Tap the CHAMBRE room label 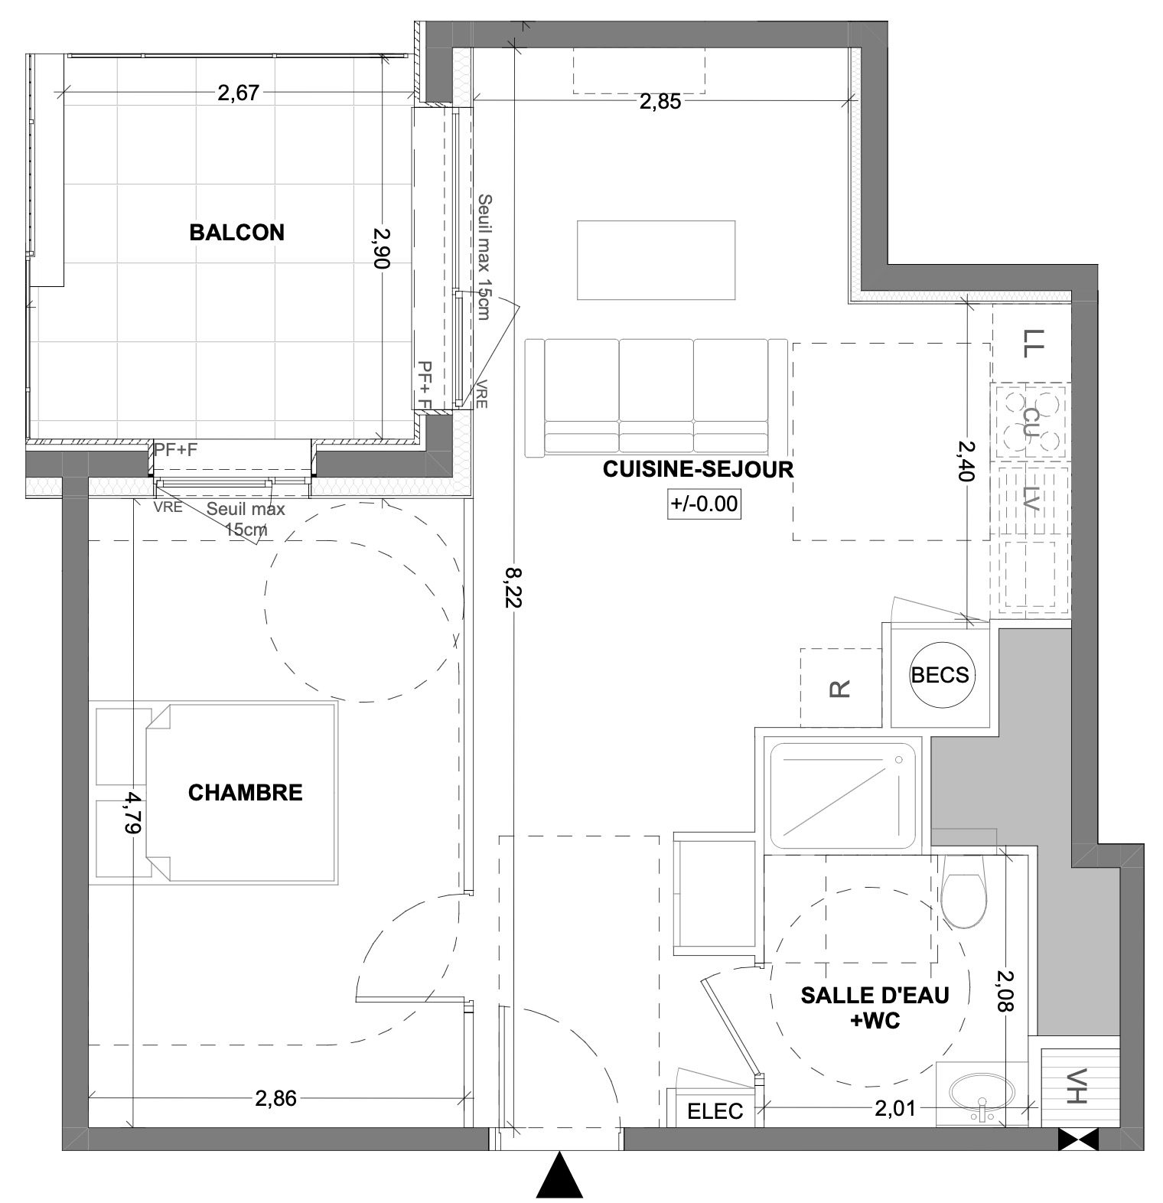pyautogui.click(x=246, y=792)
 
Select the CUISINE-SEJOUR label pyautogui.click(x=698, y=469)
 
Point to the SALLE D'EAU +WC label pyautogui.click(x=875, y=1006)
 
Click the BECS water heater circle pyautogui.click(x=940, y=675)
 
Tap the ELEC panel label pyautogui.click(x=715, y=1111)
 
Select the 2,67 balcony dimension pyautogui.click(x=239, y=93)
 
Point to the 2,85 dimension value pyautogui.click(x=660, y=102)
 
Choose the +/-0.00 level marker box pyautogui.click(x=705, y=504)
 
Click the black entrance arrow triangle pyautogui.click(x=560, y=1174)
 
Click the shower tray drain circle pyautogui.click(x=899, y=760)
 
